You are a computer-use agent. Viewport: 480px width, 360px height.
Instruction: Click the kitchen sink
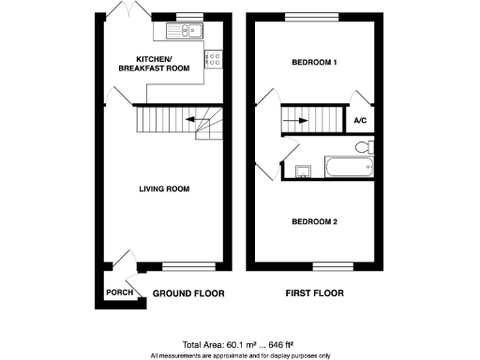(x=184, y=32)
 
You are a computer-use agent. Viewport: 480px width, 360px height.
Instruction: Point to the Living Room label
(x=164, y=188)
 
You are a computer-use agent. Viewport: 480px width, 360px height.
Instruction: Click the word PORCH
(x=119, y=292)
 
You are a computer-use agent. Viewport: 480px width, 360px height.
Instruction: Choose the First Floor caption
(x=314, y=292)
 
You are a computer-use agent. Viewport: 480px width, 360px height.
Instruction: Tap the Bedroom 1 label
(x=313, y=62)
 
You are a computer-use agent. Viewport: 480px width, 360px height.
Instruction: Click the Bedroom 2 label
(x=313, y=222)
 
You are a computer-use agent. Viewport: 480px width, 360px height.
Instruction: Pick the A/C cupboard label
(x=360, y=120)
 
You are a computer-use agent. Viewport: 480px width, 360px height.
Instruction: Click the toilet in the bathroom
(x=365, y=146)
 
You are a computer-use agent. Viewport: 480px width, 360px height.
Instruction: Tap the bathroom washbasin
(x=303, y=171)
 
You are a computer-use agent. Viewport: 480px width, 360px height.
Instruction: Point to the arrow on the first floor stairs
(x=299, y=119)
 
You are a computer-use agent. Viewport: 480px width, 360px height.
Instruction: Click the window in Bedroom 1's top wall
(x=313, y=17)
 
